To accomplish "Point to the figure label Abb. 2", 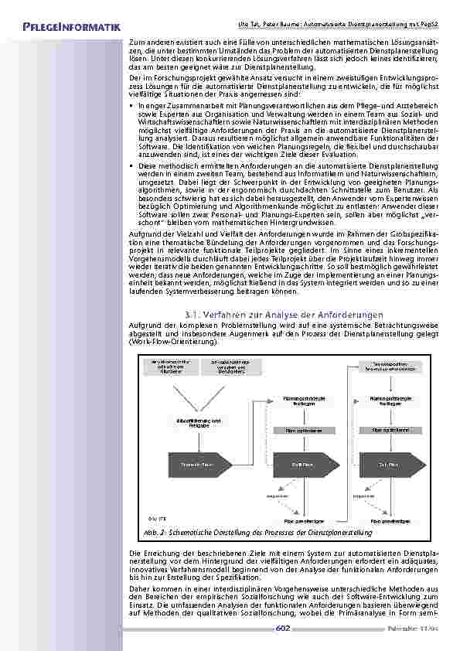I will click(152, 533).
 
